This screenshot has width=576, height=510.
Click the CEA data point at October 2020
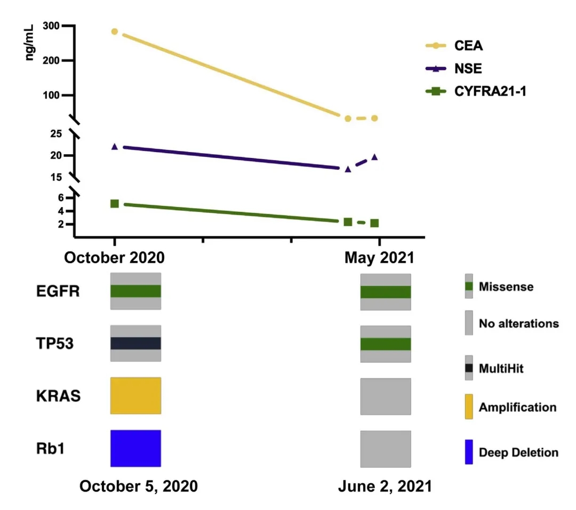[x=115, y=31]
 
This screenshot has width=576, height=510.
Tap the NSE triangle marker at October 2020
[x=115, y=146]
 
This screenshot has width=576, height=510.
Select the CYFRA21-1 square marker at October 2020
[x=115, y=203]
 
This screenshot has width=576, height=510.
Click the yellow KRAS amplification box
[x=135, y=395]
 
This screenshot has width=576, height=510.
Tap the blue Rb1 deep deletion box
[x=135, y=447]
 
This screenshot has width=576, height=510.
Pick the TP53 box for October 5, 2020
[x=135, y=343]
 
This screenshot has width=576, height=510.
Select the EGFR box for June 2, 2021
[x=386, y=292]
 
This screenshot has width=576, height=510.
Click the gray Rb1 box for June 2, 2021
[x=386, y=449]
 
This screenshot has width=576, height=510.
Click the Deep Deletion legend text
[x=518, y=453]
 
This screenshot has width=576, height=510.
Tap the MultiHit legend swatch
[x=469, y=368]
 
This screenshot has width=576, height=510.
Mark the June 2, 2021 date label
[x=385, y=487]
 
